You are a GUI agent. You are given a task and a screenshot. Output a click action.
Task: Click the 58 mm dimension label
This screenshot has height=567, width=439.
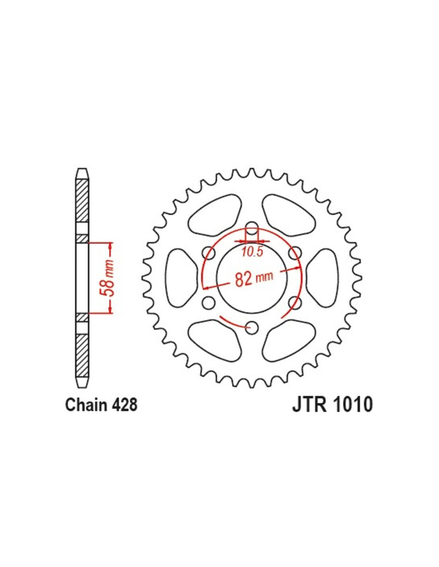pyautogui.click(x=108, y=278)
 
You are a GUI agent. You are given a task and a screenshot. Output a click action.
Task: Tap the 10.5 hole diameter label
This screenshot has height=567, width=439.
pyautogui.click(x=252, y=252)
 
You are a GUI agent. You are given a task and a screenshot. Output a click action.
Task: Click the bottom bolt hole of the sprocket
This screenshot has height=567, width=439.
pyautogui.click(x=252, y=328)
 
